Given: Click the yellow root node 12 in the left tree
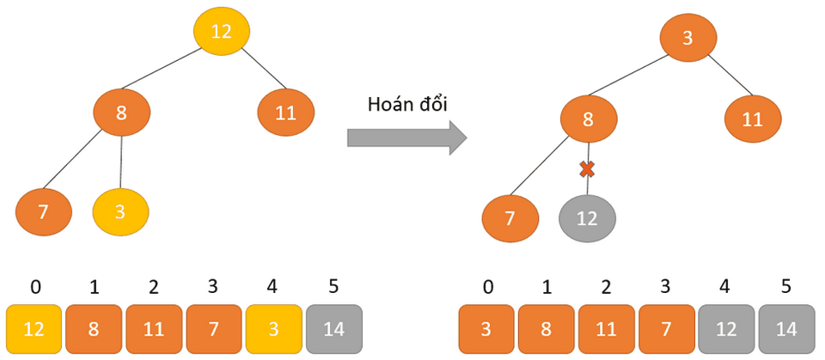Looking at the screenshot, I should (x=222, y=32).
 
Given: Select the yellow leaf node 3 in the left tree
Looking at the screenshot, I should (x=120, y=211).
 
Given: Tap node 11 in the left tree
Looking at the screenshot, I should (x=286, y=113).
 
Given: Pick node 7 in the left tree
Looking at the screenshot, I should (x=44, y=211).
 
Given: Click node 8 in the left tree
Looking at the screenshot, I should (x=122, y=113).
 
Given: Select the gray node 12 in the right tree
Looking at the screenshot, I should (x=587, y=218).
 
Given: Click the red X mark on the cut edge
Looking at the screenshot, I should (x=588, y=169).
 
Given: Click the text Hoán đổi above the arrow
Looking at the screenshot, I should (x=407, y=104).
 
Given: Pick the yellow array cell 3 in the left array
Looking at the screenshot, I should (x=273, y=329).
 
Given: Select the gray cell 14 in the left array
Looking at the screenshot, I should (x=333, y=329).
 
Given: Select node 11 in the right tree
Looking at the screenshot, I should (x=753, y=119).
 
